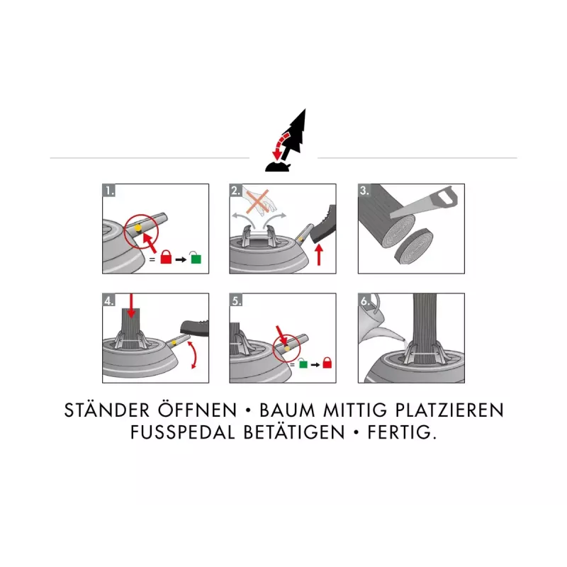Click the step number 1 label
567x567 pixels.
[x=109, y=190]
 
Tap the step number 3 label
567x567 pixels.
[x=364, y=190]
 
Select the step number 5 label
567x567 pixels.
[x=236, y=300]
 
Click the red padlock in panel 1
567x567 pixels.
[x=166, y=257]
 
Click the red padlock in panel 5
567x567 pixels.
[x=327, y=362]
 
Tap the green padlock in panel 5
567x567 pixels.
[x=303, y=363]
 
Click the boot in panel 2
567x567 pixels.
[x=324, y=224]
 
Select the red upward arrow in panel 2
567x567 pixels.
[x=319, y=254]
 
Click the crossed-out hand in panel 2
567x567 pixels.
[x=259, y=201]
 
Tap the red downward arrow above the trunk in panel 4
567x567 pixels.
[x=131, y=305]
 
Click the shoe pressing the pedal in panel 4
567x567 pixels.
[x=194, y=328]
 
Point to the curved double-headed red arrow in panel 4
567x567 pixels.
[x=194, y=355]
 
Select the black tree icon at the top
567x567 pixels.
[x=286, y=140]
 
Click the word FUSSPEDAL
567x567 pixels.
[x=183, y=432]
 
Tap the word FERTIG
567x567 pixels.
[x=402, y=432]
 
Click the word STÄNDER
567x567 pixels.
[x=107, y=410]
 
